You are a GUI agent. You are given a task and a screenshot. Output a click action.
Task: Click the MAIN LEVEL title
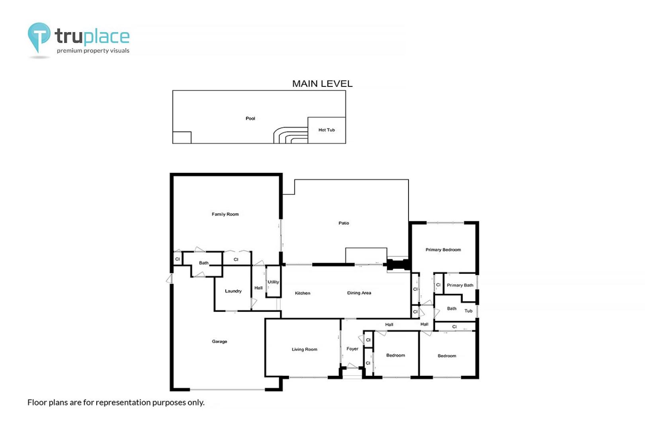[x=322, y=84]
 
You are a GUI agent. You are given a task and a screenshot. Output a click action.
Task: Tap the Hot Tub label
[x=326, y=130]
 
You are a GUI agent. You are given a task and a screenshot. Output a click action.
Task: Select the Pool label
[x=250, y=118]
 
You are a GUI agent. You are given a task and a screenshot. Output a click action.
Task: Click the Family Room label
[x=225, y=214]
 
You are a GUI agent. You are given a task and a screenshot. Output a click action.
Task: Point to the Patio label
[x=344, y=223]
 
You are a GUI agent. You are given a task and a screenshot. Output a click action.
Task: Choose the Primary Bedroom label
[x=443, y=250]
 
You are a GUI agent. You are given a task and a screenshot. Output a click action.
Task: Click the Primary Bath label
[x=460, y=285]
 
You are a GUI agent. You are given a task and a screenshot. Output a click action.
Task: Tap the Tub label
[x=468, y=311]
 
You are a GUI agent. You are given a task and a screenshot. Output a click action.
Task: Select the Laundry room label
[x=233, y=291]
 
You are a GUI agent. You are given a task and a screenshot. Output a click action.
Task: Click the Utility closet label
[x=273, y=282]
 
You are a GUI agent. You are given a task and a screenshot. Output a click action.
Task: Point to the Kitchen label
[x=303, y=293]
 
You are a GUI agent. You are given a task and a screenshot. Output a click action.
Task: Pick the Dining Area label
[x=359, y=293]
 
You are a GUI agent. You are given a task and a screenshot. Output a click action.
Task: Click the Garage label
[x=219, y=342]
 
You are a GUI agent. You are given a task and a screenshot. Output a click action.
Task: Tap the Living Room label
[x=304, y=349]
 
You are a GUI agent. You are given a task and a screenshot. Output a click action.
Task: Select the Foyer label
[x=352, y=349]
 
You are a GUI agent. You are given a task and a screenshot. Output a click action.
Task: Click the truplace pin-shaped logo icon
[x=39, y=37]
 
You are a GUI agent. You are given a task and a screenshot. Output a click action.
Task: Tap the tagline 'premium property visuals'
[x=93, y=51]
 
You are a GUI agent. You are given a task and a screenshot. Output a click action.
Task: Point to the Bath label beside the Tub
[x=451, y=309]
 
